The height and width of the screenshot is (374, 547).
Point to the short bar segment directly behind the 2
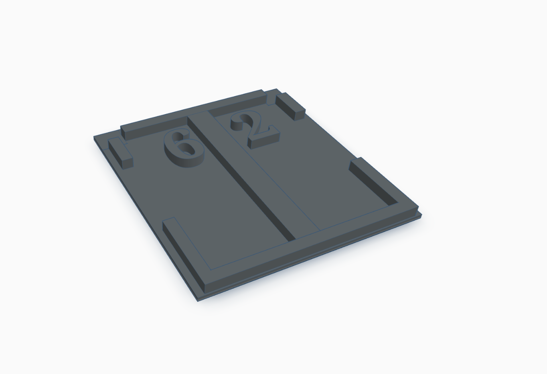[237, 105]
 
